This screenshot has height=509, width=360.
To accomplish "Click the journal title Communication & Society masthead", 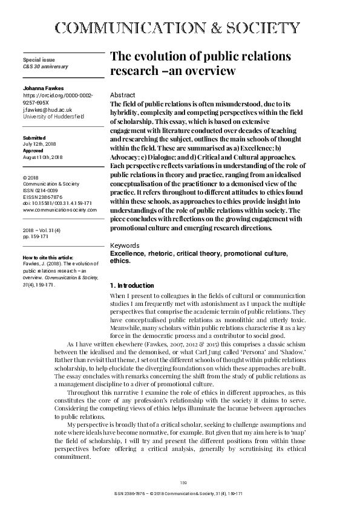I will pyautogui.click(x=180, y=28).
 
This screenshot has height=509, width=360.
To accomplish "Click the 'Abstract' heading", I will pyautogui.click(x=122, y=96).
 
